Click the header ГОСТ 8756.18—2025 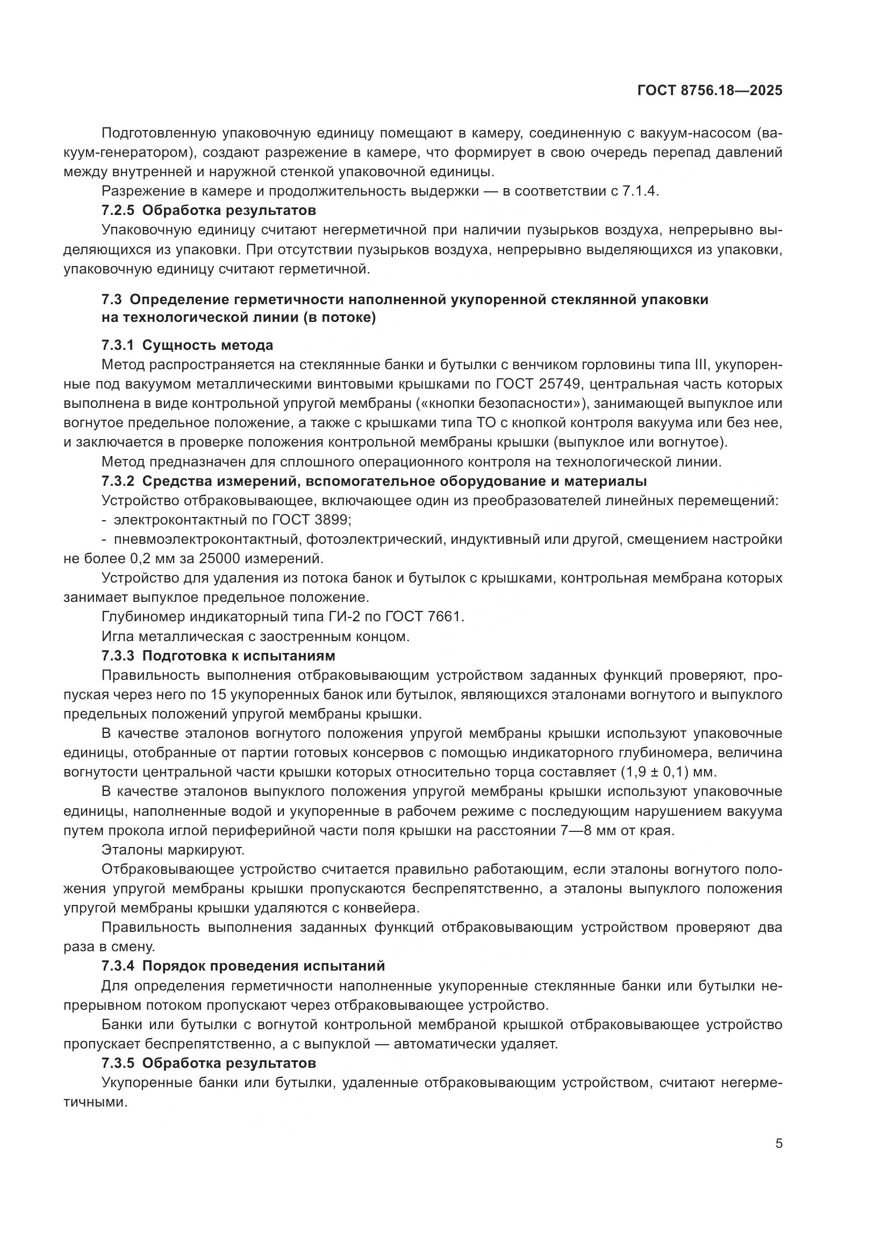click(x=709, y=91)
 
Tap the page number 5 click(x=778, y=1144)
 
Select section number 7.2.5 click(x=118, y=210)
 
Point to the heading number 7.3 click(x=112, y=299)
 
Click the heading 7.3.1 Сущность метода click(x=187, y=346)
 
